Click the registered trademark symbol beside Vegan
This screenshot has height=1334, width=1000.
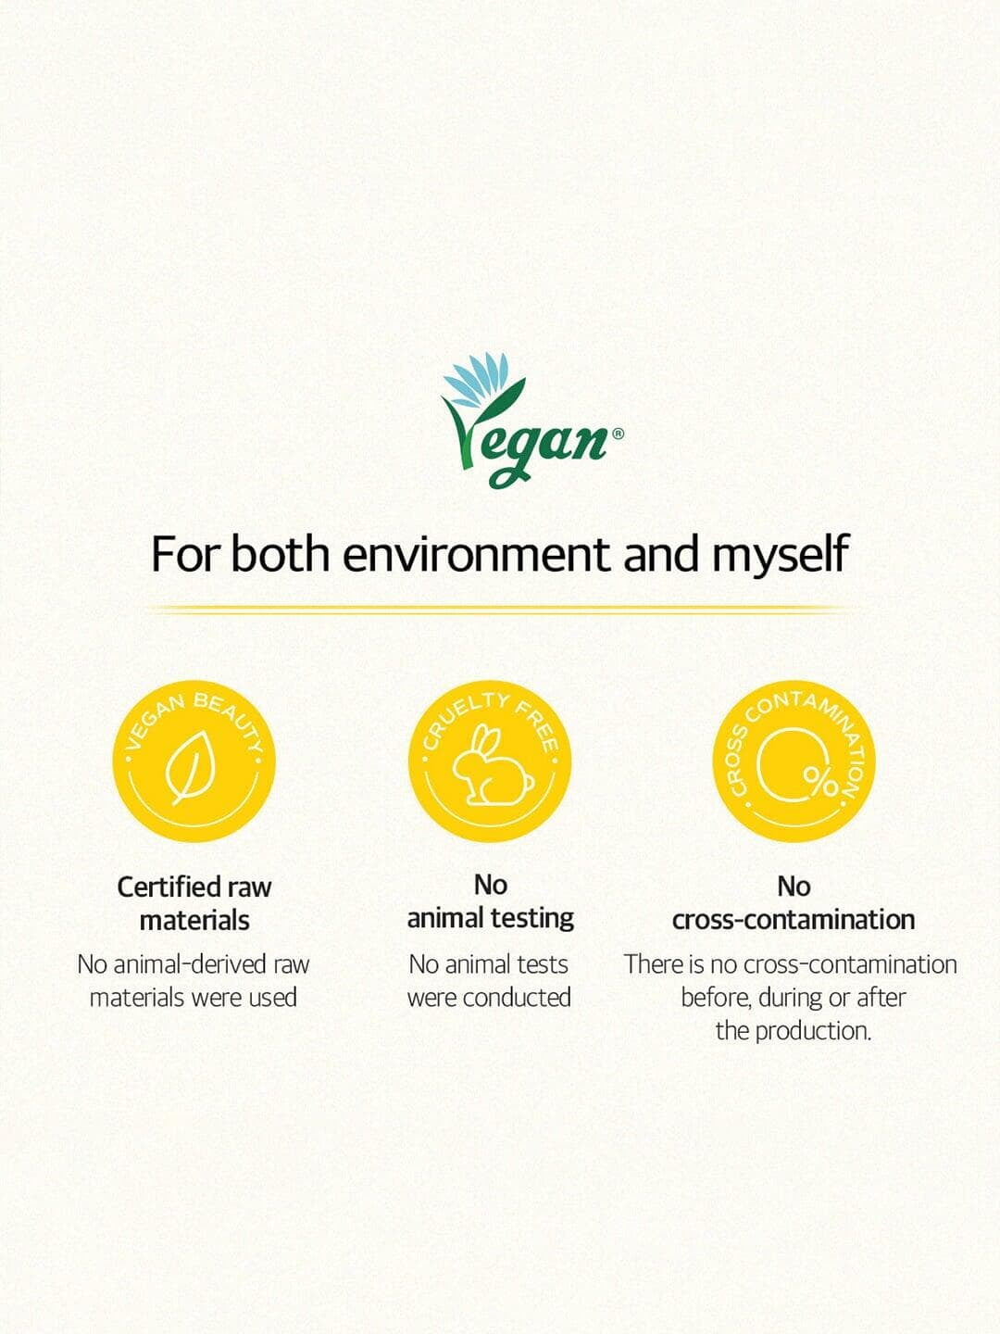[618, 434]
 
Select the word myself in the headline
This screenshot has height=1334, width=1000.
[780, 556]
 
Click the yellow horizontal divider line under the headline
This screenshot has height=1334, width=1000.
[500, 610]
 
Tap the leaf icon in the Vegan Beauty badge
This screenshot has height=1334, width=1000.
[190, 768]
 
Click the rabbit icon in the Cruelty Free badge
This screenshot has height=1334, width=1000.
[492, 765]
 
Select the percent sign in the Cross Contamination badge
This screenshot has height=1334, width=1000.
[821, 784]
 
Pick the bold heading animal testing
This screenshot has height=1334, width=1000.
[490, 918]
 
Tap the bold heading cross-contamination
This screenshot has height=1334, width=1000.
[793, 920]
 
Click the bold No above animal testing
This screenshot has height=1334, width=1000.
[490, 886]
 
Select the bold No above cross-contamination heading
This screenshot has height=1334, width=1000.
[794, 887]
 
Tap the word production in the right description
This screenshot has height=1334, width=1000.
[813, 1031]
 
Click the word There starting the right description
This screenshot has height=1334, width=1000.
[646, 964]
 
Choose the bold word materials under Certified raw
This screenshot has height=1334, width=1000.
[194, 921]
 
